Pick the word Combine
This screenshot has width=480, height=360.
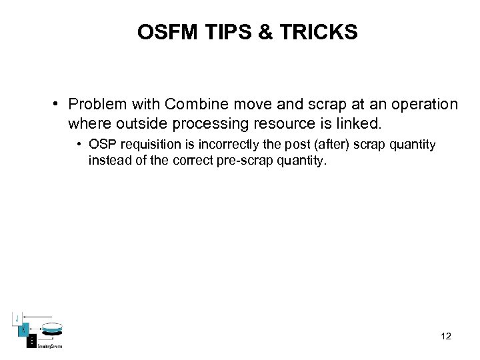point(191,105)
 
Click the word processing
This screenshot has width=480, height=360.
point(202,123)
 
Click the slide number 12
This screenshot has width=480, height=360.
point(446,336)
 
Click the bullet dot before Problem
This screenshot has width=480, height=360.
point(59,105)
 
